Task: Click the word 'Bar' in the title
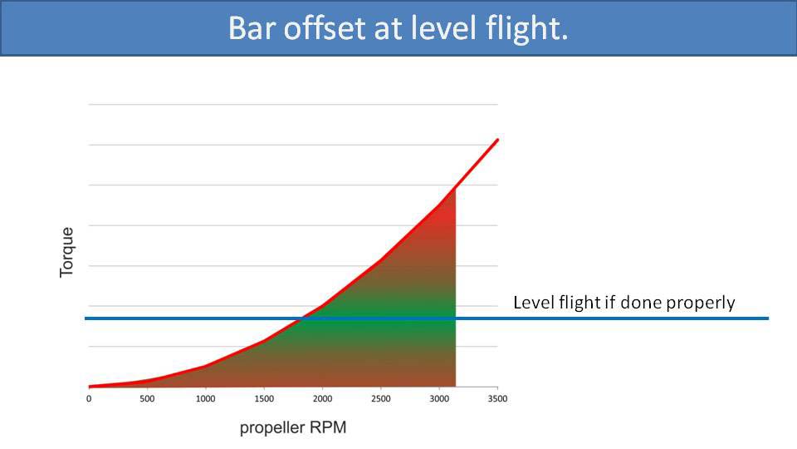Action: coord(251,28)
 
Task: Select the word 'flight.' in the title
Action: coord(524,28)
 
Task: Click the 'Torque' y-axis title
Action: coord(67,252)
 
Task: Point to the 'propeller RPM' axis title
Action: coord(293,428)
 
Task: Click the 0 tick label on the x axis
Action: coord(89,399)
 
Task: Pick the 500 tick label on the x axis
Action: coord(147,399)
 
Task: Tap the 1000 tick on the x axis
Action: coord(205,399)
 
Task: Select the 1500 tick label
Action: coord(263,399)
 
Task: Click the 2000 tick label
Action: coord(321,399)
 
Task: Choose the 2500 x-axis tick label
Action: coord(380,399)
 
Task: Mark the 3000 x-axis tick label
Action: coord(438,399)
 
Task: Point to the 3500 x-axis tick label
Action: coord(496,399)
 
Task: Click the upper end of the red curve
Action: coord(498,140)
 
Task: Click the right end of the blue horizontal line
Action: coord(767,318)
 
